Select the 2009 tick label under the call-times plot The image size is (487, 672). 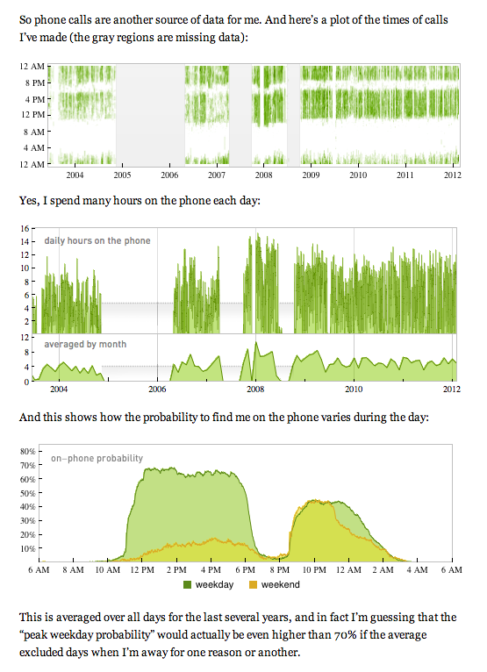[x=311, y=175]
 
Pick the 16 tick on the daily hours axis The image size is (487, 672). [x=25, y=227]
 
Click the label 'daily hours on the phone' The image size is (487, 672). [x=97, y=240]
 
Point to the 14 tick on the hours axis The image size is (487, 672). [x=25, y=241]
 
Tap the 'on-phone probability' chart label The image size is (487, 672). [x=97, y=458]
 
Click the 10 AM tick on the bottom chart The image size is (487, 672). [x=107, y=570]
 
